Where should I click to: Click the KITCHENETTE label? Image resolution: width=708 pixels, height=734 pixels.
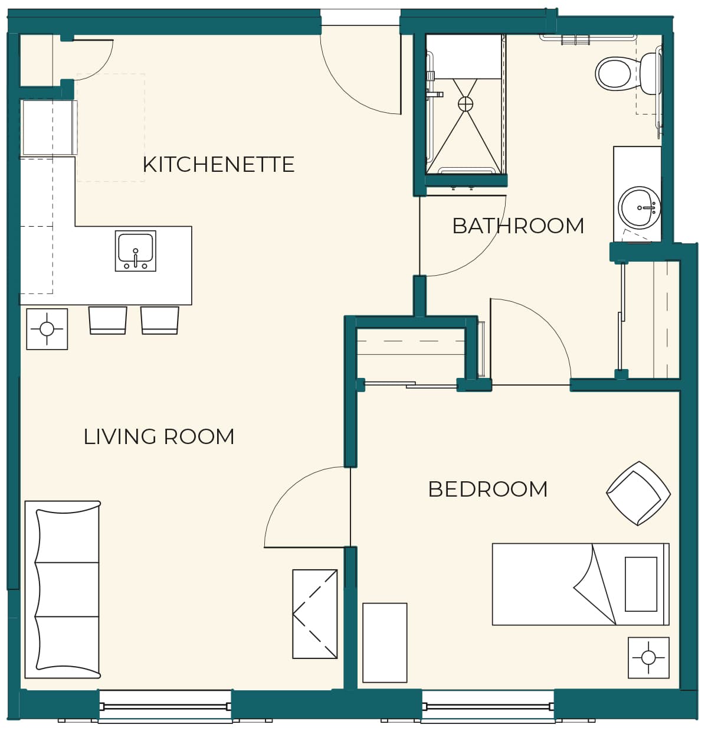pyautogui.click(x=218, y=164)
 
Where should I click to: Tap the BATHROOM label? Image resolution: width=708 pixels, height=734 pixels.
pyautogui.click(x=517, y=226)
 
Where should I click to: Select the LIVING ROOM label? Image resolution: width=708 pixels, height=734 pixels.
pyautogui.click(x=159, y=436)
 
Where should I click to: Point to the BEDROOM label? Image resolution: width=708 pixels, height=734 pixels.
pyautogui.click(x=487, y=489)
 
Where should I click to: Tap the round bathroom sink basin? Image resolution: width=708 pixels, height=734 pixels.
pyautogui.click(x=639, y=207)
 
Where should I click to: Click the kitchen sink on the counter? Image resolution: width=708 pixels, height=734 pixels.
pyautogui.click(x=135, y=251)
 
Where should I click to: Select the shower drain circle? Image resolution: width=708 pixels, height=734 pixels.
pyautogui.click(x=465, y=104)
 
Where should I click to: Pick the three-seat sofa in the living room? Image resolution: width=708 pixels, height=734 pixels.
pyautogui.click(x=63, y=589)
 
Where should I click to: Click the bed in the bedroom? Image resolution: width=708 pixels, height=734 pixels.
pyautogui.click(x=581, y=584)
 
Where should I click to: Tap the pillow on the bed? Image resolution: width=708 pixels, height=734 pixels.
pyautogui.click(x=641, y=584)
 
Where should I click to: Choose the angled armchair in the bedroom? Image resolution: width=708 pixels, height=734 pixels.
pyautogui.click(x=638, y=493)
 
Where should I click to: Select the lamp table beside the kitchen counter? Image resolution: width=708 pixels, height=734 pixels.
pyautogui.click(x=47, y=329)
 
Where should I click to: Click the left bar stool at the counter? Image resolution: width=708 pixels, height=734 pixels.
pyautogui.click(x=107, y=320)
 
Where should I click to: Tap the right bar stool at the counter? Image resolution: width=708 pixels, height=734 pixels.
pyautogui.click(x=159, y=320)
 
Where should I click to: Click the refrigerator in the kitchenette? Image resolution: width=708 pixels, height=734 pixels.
pyautogui.click(x=50, y=128)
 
